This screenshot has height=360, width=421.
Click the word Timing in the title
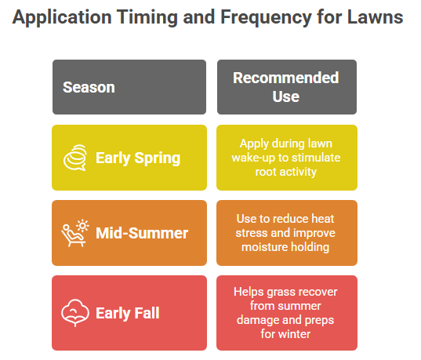(x=147, y=18)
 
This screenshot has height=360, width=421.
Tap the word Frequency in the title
(x=266, y=18)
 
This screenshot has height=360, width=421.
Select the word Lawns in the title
(x=375, y=17)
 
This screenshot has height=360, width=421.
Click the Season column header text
(x=89, y=87)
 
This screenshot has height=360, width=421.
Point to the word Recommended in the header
(x=286, y=78)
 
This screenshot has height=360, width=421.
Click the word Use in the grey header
(x=286, y=96)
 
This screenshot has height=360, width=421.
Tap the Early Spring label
(x=138, y=158)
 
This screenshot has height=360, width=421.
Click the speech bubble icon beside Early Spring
(x=75, y=158)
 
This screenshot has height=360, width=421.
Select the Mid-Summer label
(x=142, y=233)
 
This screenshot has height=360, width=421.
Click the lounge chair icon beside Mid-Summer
(x=71, y=236)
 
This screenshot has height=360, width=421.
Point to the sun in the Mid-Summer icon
(x=82, y=225)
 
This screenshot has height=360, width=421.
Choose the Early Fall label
(x=128, y=313)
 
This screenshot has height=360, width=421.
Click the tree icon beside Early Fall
(x=75, y=313)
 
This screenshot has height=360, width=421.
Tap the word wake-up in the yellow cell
(x=253, y=158)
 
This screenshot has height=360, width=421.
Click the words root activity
(x=286, y=172)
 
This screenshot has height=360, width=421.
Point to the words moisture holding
(x=285, y=247)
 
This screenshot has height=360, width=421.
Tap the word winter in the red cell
(x=294, y=334)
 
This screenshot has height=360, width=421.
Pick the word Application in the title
(x=62, y=18)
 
